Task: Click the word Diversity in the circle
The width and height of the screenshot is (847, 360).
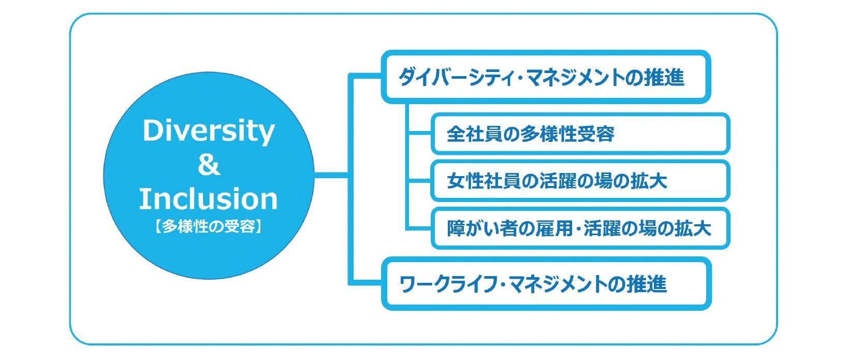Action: pyautogui.click(x=208, y=131)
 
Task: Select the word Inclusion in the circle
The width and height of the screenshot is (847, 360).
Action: pyautogui.click(x=209, y=199)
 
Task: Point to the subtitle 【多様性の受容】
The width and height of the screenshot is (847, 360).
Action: pyautogui.click(x=209, y=227)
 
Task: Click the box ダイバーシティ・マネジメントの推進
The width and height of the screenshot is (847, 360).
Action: pyautogui.click(x=546, y=77)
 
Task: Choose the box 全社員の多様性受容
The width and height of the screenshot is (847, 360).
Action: pyautogui.click(x=580, y=134)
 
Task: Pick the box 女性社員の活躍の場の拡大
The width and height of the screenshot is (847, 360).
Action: pyautogui.click(x=580, y=181)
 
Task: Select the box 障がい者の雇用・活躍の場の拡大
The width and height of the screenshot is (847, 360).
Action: pyautogui.click(x=580, y=228)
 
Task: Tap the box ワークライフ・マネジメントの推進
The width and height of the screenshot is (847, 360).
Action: pyautogui.click(x=546, y=284)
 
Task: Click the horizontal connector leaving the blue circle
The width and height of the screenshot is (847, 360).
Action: pyautogui.click(x=331, y=177)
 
